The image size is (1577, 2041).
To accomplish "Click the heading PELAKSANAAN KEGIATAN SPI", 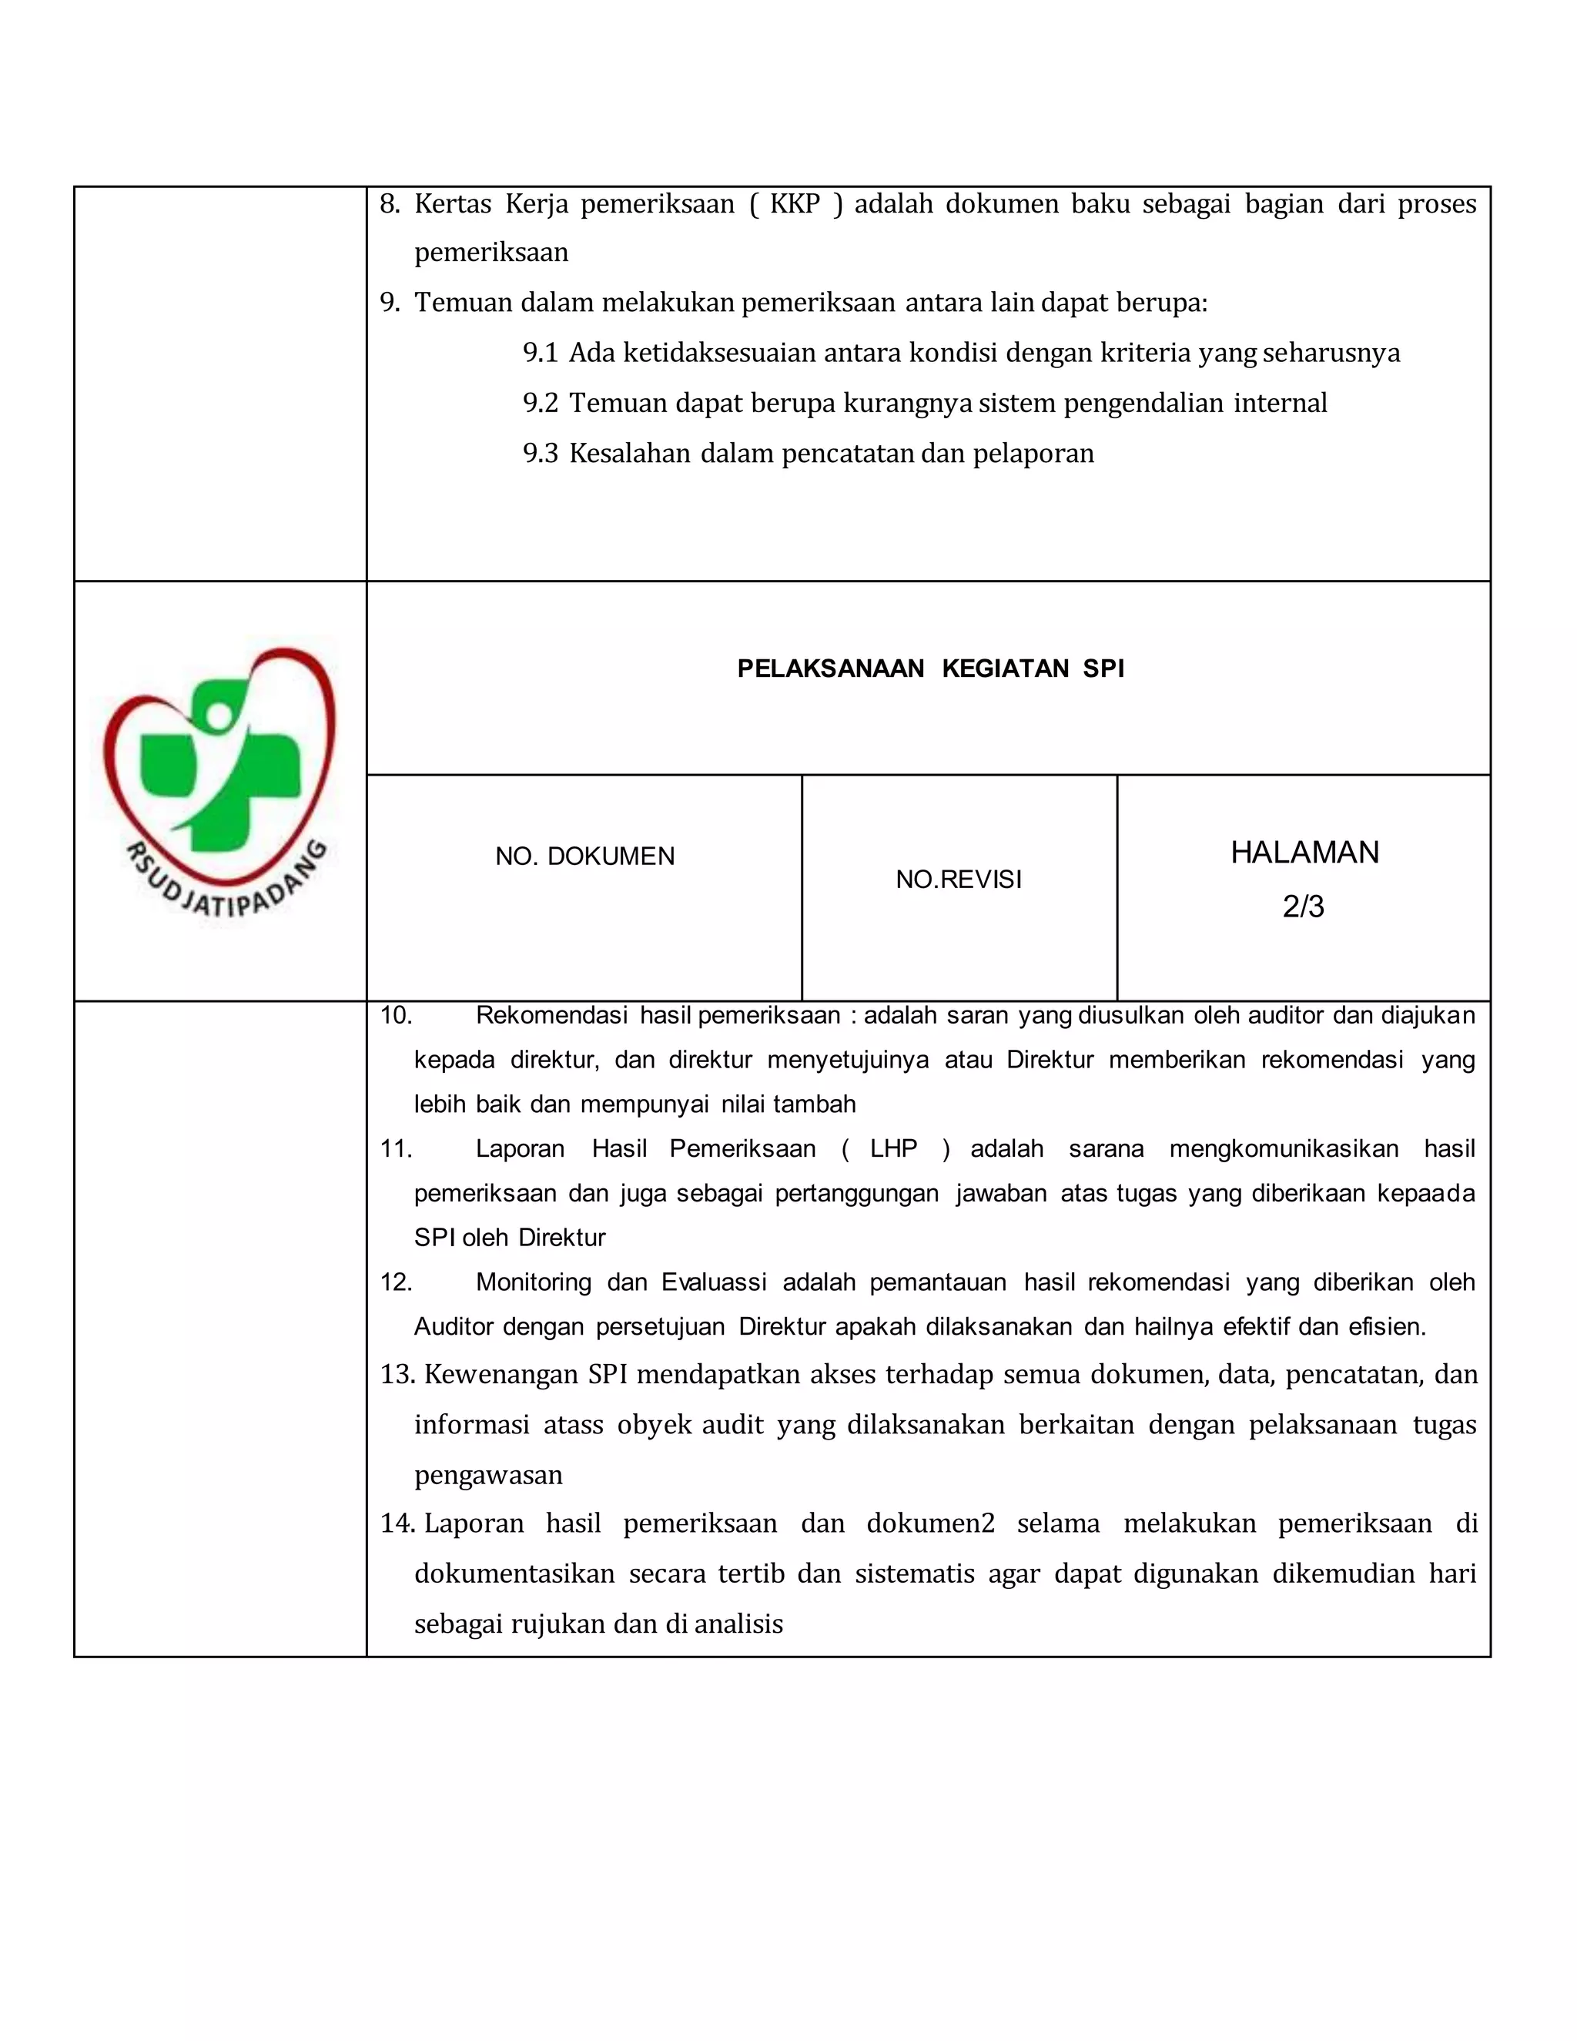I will (x=930, y=669).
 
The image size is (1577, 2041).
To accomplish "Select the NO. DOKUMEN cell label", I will (x=585, y=856).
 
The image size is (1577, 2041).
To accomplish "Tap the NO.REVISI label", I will (x=959, y=880).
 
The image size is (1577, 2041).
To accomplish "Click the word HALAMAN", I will (x=1304, y=853).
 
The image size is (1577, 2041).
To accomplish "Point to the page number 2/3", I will (x=1304, y=907).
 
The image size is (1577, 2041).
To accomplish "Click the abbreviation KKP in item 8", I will (x=794, y=204).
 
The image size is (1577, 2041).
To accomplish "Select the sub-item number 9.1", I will (x=540, y=354).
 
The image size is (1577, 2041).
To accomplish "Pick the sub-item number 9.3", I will (x=540, y=454).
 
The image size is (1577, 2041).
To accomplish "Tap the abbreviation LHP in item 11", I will (x=893, y=1148).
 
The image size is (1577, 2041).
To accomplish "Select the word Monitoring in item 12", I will (x=534, y=1282).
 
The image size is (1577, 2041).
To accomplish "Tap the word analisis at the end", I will (x=738, y=1624).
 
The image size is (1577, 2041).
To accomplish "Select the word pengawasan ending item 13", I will (x=489, y=1476).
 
